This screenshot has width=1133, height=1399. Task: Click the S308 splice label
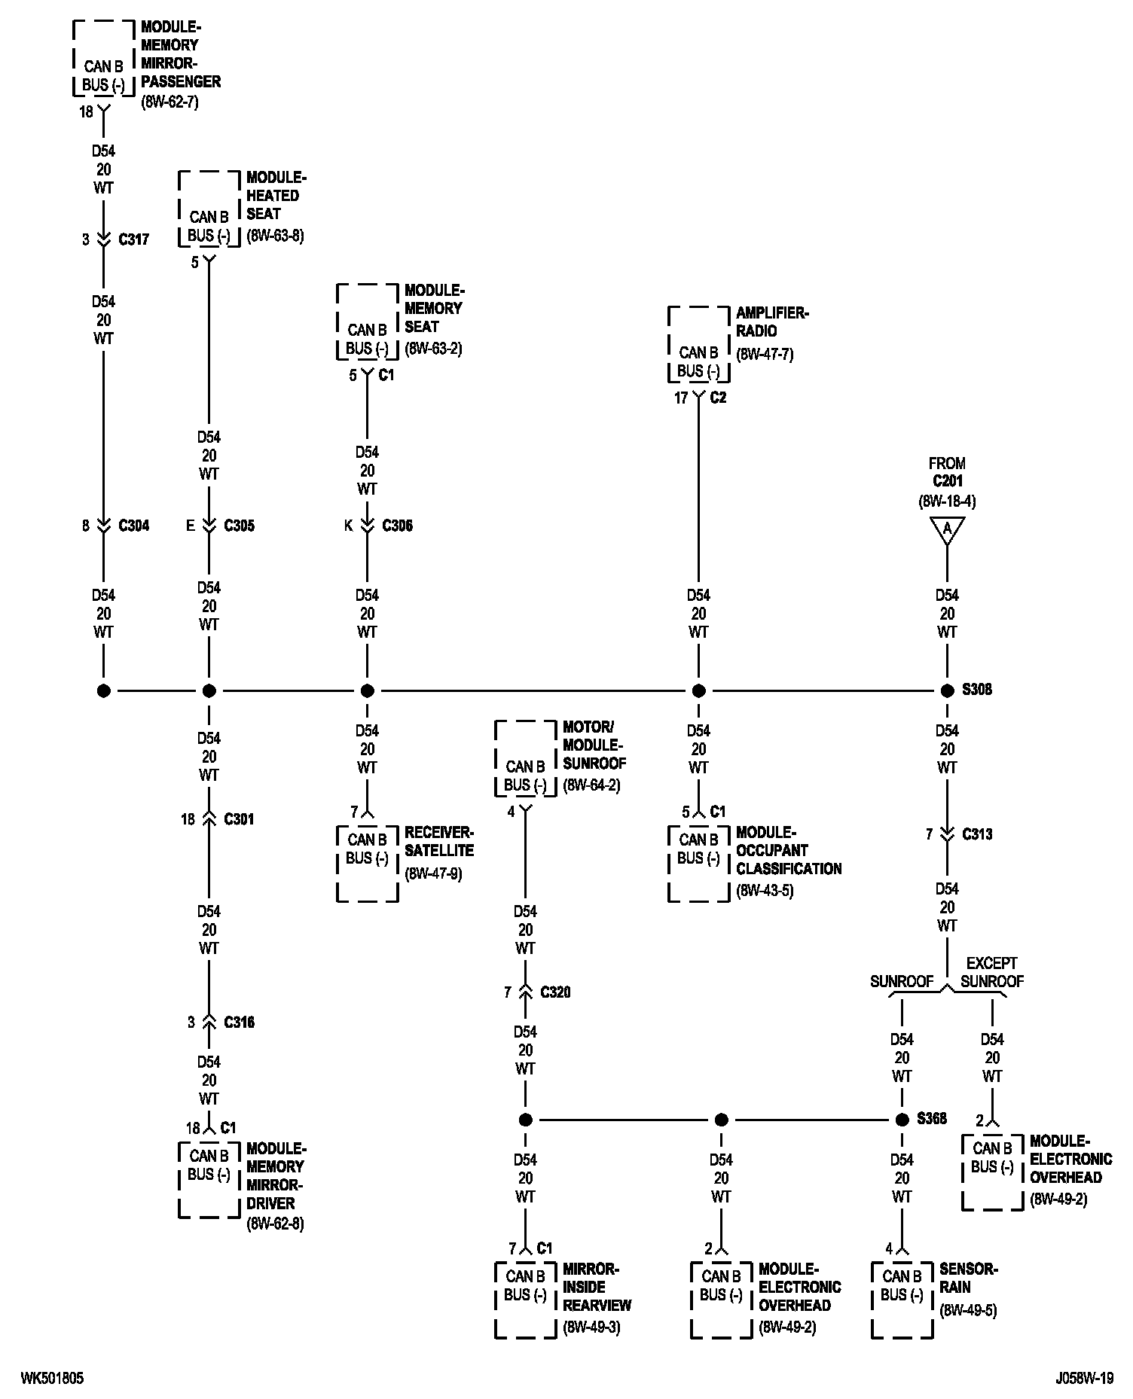click(x=976, y=690)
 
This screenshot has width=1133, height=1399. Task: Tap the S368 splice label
click(x=932, y=1119)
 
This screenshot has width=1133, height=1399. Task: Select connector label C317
click(x=134, y=239)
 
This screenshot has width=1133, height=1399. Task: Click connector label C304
click(x=134, y=526)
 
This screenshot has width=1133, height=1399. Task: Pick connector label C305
click(x=240, y=526)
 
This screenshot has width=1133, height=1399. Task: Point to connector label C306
click(x=398, y=526)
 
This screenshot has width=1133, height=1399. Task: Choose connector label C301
click(x=240, y=819)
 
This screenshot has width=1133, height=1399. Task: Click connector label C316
click(x=240, y=1023)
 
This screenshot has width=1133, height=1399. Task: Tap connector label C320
click(x=556, y=992)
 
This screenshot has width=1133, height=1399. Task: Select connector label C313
click(x=978, y=834)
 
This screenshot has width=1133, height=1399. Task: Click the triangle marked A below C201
click(x=947, y=530)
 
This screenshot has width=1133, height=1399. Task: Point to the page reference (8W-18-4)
click(x=947, y=501)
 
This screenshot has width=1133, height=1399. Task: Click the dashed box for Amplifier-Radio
click(x=698, y=345)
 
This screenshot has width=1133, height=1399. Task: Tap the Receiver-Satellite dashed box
click(x=367, y=864)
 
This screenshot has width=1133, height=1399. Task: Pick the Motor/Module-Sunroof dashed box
click(x=525, y=758)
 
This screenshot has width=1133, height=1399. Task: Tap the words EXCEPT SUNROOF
click(x=992, y=972)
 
